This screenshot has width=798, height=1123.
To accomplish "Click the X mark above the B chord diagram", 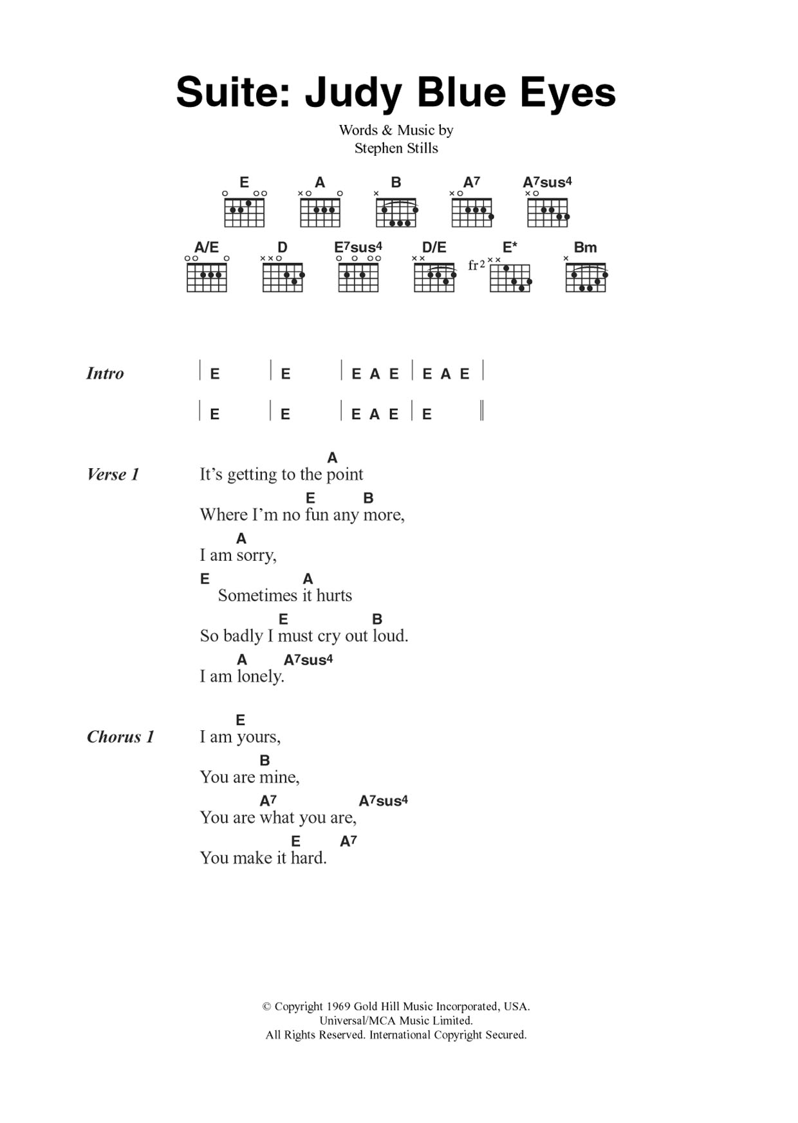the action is [376, 193].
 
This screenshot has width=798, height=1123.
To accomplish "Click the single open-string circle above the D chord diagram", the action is [278, 258].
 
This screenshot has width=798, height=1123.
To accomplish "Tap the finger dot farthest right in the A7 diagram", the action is [491, 216].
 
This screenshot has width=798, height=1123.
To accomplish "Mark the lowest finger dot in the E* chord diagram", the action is [521, 288].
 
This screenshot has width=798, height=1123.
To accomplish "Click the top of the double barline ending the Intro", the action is [482, 401].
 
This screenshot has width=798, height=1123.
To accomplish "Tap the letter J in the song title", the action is [317, 93].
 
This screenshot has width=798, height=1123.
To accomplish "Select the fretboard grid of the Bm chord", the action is [586, 278].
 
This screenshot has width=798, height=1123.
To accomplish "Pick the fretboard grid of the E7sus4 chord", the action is [358, 278].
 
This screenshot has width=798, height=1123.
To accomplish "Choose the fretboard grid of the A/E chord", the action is [207, 278].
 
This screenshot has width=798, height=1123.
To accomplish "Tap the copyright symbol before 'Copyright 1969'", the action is [266, 1006].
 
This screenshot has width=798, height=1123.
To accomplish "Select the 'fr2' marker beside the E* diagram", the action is [476, 265].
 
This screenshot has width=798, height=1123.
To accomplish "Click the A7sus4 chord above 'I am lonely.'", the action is [308, 659].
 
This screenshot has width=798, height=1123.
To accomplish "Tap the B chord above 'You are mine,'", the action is [264, 760].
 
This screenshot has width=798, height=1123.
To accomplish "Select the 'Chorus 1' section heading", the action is [120, 737].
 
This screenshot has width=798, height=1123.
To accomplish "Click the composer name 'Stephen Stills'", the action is [396, 148].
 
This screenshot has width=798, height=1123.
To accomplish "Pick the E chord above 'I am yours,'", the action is [241, 720].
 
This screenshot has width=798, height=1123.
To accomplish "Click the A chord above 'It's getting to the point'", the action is [332, 458].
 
